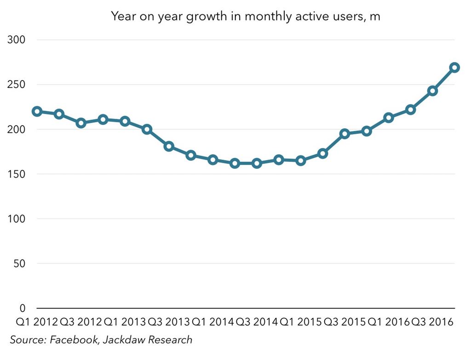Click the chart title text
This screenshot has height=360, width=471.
tap(245, 17)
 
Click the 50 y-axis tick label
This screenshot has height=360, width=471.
tap(19, 263)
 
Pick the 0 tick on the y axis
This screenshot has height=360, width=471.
tap(22, 308)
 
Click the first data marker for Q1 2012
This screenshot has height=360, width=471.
tap(37, 111)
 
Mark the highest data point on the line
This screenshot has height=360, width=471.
tap(455, 68)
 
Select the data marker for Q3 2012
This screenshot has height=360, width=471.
tap(81, 123)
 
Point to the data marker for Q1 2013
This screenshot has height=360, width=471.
tap(125, 121)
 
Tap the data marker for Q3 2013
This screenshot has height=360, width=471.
tap(169, 146)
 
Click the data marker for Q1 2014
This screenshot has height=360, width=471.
tap(213, 160)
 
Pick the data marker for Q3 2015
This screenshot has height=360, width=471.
tap(345, 134)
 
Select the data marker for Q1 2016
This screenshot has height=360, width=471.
tap(389, 118)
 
